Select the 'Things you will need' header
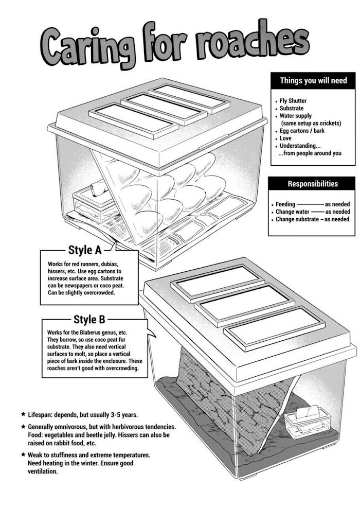click(x=313, y=80)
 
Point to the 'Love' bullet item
click(x=285, y=138)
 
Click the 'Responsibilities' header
click(x=313, y=184)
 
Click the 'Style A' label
click(x=84, y=251)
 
